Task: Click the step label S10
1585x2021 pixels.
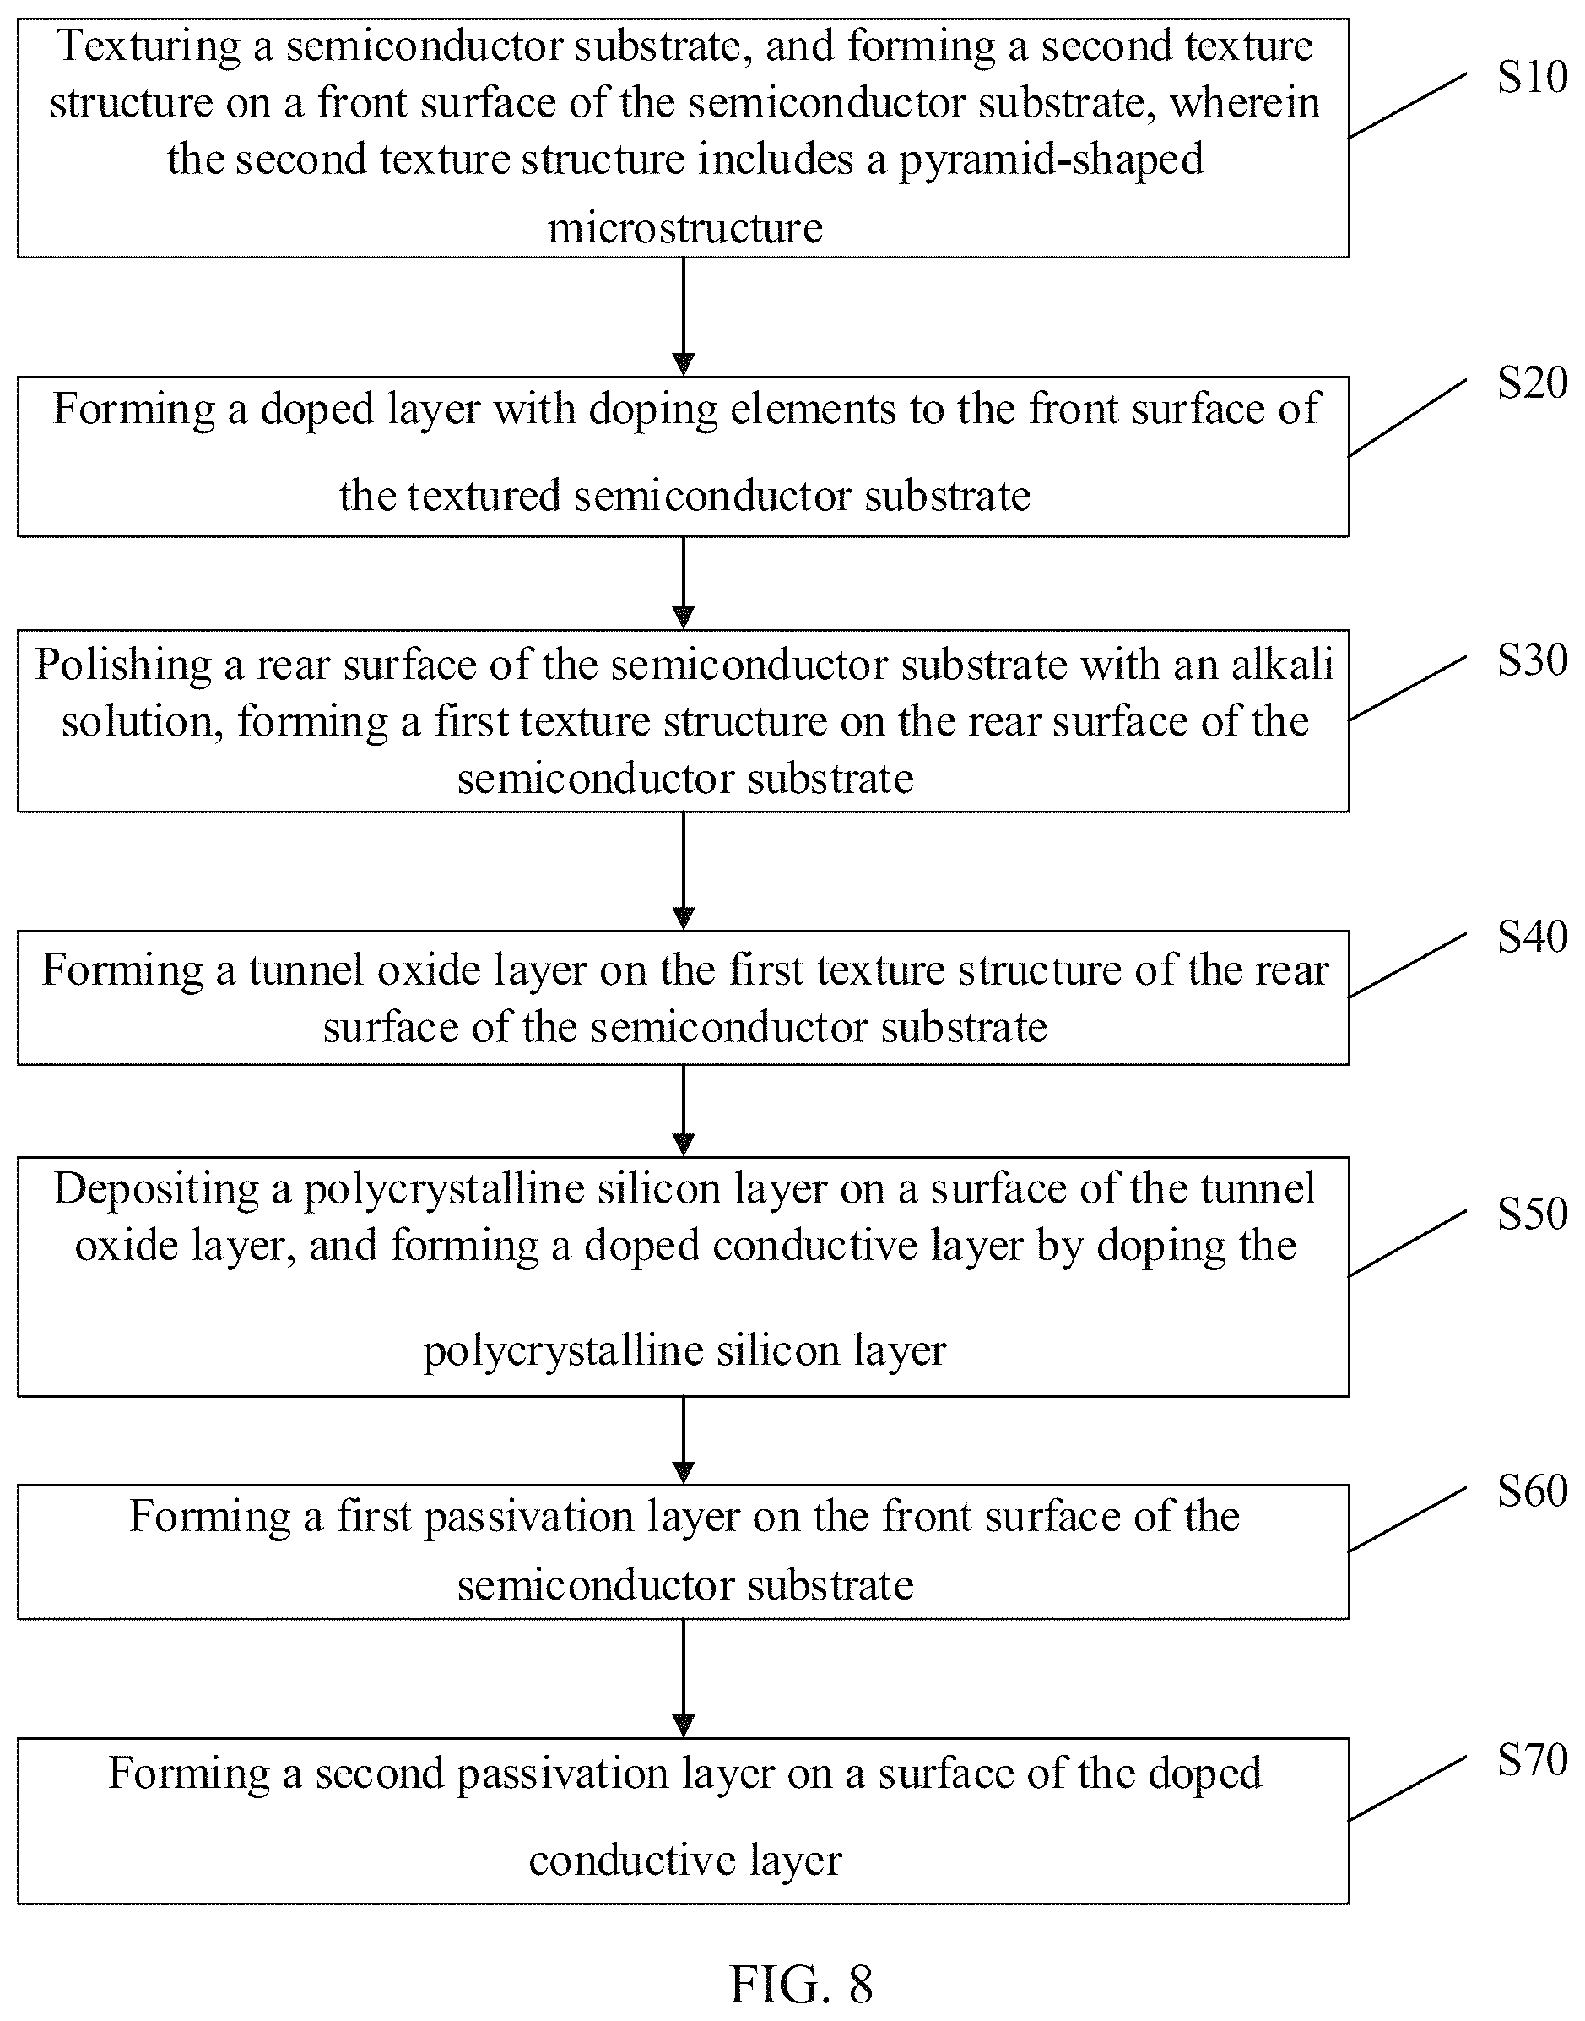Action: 1531,78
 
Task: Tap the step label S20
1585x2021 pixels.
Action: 1531,383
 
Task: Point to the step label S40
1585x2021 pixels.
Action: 1531,937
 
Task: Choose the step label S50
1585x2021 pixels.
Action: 1531,1214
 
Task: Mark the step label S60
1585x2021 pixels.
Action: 1531,1491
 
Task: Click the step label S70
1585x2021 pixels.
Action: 1531,1760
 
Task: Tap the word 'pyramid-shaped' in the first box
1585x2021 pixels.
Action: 1051,160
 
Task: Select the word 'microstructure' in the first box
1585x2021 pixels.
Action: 684,228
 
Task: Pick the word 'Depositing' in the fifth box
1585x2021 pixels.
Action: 156,1190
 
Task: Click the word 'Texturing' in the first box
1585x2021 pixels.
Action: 149,46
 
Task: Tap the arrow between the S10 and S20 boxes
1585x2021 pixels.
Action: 683,317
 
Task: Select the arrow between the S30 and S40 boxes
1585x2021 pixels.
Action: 683,871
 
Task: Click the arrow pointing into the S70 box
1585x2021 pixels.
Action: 683,1678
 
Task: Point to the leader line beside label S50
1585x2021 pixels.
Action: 1407,1243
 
